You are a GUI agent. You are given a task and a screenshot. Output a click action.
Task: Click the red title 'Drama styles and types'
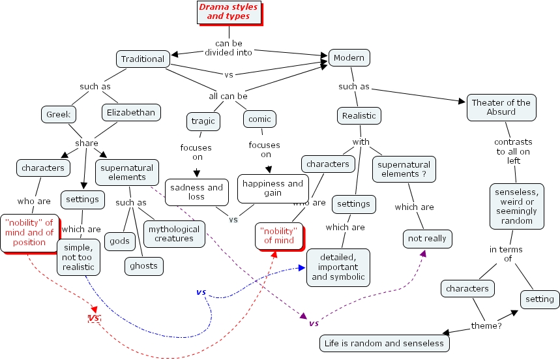[228, 12]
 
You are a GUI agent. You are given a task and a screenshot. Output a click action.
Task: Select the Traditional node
[143, 59]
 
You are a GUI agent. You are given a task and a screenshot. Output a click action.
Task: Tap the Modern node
[349, 58]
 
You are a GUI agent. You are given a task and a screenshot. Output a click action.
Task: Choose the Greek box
[58, 115]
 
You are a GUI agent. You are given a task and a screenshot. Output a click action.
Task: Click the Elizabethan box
[131, 113]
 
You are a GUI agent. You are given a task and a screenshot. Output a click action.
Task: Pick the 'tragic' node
[202, 121]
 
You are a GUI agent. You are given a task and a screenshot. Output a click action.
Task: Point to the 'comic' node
[259, 119]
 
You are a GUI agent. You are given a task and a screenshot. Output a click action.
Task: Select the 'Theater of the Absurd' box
[501, 107]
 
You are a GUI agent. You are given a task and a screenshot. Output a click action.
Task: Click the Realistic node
[359, 116]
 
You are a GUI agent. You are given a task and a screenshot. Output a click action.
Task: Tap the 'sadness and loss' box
[196, 192]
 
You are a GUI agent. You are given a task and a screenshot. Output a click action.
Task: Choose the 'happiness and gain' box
[273, 188]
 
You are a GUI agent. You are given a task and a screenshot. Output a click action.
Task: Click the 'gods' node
[119, 241]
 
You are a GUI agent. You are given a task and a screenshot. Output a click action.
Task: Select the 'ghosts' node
[143, 266]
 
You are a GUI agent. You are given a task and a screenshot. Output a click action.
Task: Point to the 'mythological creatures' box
[174, 233]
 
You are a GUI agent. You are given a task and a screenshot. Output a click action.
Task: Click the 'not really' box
[427, 239]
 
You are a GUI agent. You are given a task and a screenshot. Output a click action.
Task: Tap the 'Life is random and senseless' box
[385, 343]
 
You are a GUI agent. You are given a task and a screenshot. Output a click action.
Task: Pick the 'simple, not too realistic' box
[78, 257]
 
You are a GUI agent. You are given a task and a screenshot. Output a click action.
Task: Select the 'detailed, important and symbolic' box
[338, 267]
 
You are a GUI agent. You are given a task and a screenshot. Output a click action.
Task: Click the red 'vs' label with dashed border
[95, 318]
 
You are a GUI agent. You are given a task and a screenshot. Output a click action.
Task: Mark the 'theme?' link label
[486, 325]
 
